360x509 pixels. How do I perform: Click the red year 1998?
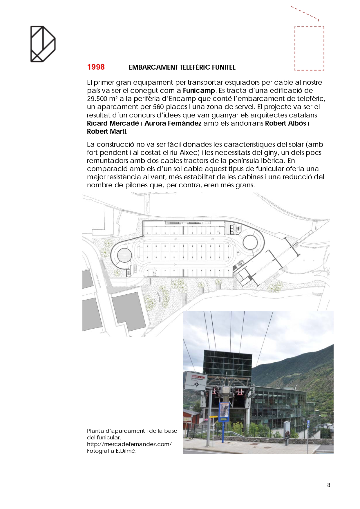[x=96, y=67]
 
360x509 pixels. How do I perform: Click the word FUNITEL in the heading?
[x=224, y=67]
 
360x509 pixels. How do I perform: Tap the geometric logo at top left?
[x=43, y=44]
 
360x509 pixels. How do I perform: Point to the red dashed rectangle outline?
[x=309, y=48]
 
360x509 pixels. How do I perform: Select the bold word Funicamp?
[x=199, y=90]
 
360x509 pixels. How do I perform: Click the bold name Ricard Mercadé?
[x=113, y=123]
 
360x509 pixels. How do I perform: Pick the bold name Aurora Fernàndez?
[x=173, y=123]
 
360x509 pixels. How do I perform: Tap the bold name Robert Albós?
[x=285, y=123]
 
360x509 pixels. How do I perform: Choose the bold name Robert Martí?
[x=106, y=131]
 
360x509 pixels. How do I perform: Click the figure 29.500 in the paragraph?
[x=97, y=99]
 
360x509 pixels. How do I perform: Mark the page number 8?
[x=329, y=485]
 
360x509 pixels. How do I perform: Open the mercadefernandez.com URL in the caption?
[x=129, y=444]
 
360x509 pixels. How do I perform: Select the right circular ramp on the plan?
[x=250, y=242]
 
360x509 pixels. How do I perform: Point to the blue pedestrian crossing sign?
[x=308, y=423]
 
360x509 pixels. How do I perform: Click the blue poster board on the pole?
[x=224, y=411]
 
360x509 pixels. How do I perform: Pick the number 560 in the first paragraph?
[x=159, y=107]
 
